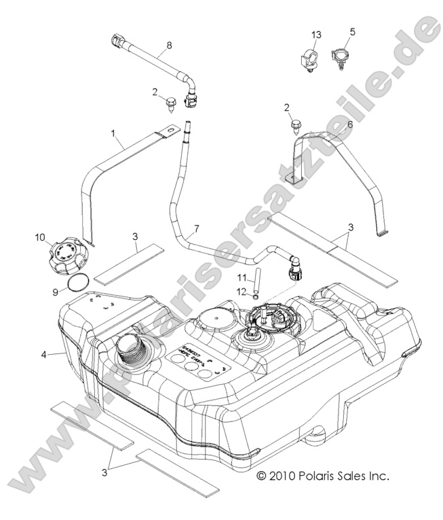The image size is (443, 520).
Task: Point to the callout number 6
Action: click(x=350, y=124)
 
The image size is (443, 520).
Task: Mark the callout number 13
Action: click(x=315, y=34)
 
